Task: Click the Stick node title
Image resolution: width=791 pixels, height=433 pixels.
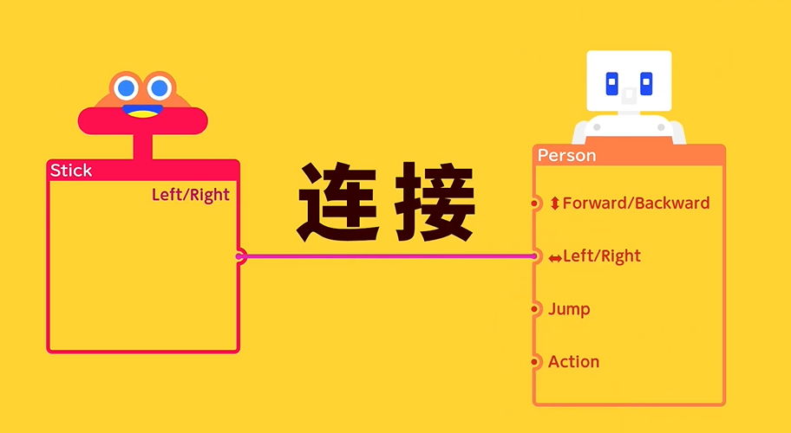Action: pos(71,171)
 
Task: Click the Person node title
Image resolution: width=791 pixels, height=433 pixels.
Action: pos(566,155)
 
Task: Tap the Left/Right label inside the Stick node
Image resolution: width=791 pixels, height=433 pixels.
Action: pos(191,195)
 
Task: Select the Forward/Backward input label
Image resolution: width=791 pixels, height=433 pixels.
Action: pos(636,203)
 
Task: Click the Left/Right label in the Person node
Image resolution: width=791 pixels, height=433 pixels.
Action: pos(602,255)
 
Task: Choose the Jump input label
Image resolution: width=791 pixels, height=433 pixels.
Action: pos(569,309)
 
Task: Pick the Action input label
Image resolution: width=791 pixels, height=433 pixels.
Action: pos(573,361)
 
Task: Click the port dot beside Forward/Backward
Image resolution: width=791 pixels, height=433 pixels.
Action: pos(534,204)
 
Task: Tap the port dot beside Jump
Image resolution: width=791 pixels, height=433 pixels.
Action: pos(534,309)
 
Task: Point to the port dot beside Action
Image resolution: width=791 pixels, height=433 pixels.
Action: pos(534,361)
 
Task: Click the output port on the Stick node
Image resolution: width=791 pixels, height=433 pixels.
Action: pos(240,256)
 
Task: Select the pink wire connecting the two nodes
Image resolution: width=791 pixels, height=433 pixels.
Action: pos(388,256)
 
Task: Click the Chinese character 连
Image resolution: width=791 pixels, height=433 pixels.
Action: pos(338,202)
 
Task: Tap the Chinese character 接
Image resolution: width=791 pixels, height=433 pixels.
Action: pos(435,202)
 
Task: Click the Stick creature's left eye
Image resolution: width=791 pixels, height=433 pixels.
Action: pos(126,88)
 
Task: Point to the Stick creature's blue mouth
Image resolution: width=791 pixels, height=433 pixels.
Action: pos(143,109)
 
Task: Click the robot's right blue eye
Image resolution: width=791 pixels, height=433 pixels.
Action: pos(646,84)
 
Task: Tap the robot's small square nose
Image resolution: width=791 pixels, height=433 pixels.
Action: pos(629,95)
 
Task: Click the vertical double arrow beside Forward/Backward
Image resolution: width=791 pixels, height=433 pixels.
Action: pos(554,204)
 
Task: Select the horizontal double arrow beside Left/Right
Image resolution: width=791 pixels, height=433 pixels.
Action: pos(555,258)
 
